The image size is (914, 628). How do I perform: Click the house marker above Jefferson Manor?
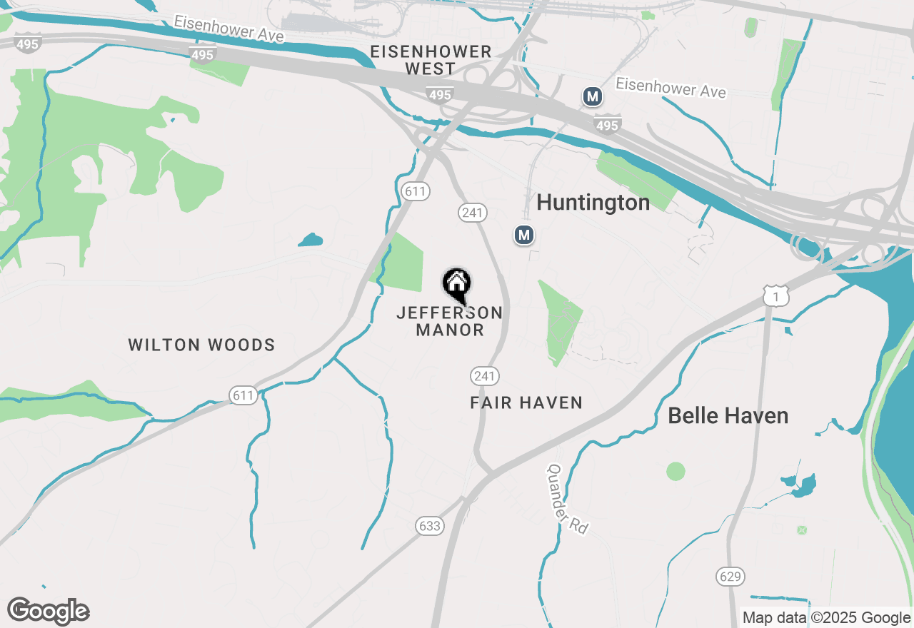coord(457,284)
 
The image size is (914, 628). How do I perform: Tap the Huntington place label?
coord(593,203)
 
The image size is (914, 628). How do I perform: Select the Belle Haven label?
coord(728,415)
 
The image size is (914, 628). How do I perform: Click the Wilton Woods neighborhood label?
coord(201,345)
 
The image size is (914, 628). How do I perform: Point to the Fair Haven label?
coord(526,403)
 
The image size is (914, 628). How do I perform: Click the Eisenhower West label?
coord(431,60)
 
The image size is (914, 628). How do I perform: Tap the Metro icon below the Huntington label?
coord(525,235)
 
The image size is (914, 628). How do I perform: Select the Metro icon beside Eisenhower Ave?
coord(592,96)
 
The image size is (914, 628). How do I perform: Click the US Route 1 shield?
coord(775,295)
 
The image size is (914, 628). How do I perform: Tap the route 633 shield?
coord(430,526)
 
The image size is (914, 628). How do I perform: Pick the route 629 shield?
coord(730,576)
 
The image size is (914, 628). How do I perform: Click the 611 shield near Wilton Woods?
coord(243,395)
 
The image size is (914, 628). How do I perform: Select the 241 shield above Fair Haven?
coord(484,376)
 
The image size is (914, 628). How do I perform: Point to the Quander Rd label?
coord(568,499)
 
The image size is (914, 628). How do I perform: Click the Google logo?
coord(49,611)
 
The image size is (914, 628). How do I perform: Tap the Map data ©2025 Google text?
coord(826,618)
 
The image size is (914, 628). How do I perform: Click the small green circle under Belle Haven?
coord(676,471)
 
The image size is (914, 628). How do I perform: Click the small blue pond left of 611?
coord(311,240)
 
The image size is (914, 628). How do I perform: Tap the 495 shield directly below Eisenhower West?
coord(440,94)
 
